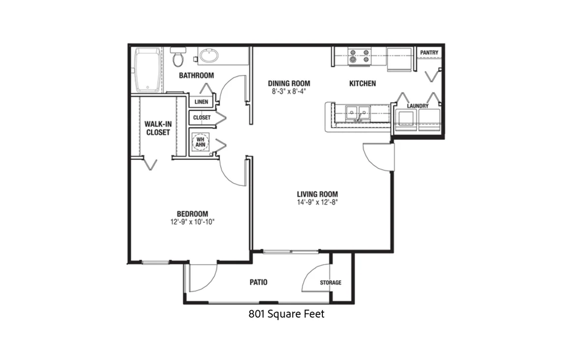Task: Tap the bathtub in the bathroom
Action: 147,70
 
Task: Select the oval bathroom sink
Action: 209,57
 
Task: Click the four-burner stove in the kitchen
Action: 359,56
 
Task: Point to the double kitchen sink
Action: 358,113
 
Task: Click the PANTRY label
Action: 429,53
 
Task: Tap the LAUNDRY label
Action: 418,106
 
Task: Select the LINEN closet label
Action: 201,102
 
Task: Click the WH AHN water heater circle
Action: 201,142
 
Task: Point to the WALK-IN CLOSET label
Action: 158,128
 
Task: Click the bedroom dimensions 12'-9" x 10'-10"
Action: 192,222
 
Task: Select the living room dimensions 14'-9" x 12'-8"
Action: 317,202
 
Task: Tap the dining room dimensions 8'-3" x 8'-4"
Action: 288,91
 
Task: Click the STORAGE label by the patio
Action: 331,283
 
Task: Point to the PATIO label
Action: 258,282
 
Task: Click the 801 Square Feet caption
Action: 286,314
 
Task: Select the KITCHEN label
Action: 363,84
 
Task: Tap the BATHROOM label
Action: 196,76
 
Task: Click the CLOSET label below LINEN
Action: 201,118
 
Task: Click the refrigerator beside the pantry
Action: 399,59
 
